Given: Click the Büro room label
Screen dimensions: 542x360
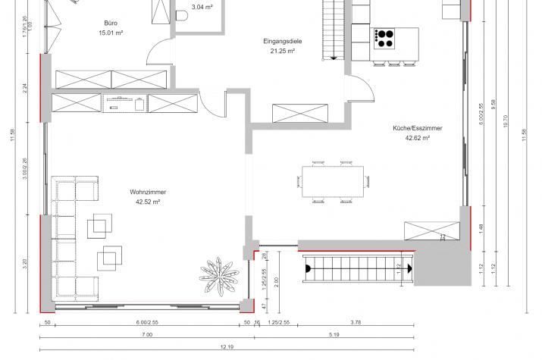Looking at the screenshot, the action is [111, 23].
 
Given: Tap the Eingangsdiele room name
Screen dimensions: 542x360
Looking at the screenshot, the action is [283, 41].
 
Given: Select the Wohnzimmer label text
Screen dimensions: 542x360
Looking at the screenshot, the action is [148, 192].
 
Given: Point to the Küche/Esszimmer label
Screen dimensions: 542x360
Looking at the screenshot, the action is [417, 128].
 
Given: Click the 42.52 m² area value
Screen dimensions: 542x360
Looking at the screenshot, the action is [148, 202].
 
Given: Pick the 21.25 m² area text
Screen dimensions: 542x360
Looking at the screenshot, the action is [283, 51].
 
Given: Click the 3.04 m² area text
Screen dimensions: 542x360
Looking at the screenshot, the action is [202, 7].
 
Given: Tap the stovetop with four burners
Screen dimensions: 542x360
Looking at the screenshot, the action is [384, 39].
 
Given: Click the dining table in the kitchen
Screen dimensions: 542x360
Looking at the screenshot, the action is [333, 182].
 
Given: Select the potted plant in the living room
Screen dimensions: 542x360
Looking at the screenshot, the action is [219, 275].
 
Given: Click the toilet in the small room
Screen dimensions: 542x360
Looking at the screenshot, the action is [181, 16].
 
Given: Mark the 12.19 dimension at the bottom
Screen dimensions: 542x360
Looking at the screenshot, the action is [227, 346].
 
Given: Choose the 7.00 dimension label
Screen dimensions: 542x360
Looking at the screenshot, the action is [147, 334].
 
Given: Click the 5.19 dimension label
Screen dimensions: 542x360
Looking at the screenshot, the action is [334, 334].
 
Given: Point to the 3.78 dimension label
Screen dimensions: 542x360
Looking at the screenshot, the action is [356, 322].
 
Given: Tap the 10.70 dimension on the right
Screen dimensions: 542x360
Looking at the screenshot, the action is [506, 121].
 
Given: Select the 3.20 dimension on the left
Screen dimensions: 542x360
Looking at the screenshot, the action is [24, 265].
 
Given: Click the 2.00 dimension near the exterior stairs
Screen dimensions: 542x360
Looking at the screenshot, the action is [276, 282].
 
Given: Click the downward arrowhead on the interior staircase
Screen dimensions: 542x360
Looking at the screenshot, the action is [334, 58].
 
